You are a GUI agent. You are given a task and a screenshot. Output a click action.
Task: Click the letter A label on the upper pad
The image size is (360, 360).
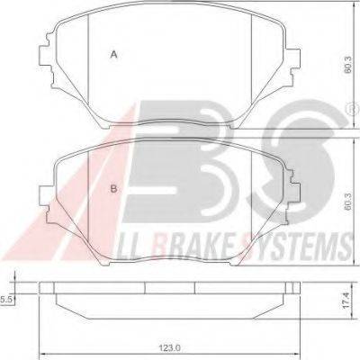point(113,55)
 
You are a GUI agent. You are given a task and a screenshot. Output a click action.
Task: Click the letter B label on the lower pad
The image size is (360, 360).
point(113,188)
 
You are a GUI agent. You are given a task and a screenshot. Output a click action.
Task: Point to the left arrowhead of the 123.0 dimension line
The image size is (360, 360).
point(41,332)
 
